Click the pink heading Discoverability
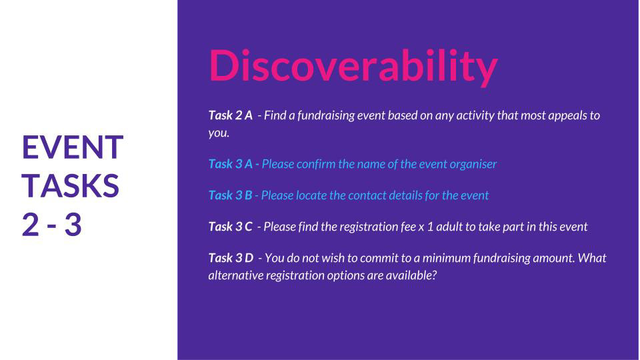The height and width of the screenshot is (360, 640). tap(353, 67)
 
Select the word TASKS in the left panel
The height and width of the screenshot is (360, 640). tap(71, 186)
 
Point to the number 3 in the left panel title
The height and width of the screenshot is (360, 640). tap(73, 225)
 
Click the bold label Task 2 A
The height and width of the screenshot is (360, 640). tap(231, 115)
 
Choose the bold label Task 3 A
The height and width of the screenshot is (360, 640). tap(231, 164)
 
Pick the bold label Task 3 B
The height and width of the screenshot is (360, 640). tap(230, 195)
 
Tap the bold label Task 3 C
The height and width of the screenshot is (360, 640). tap(231, 227)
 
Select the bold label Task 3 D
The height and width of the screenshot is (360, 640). tap(231, 259)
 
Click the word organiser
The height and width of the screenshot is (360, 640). tap(473, 165)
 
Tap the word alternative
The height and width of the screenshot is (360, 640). tap(236, 275)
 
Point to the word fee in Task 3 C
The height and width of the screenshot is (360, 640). tap(409, 227)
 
